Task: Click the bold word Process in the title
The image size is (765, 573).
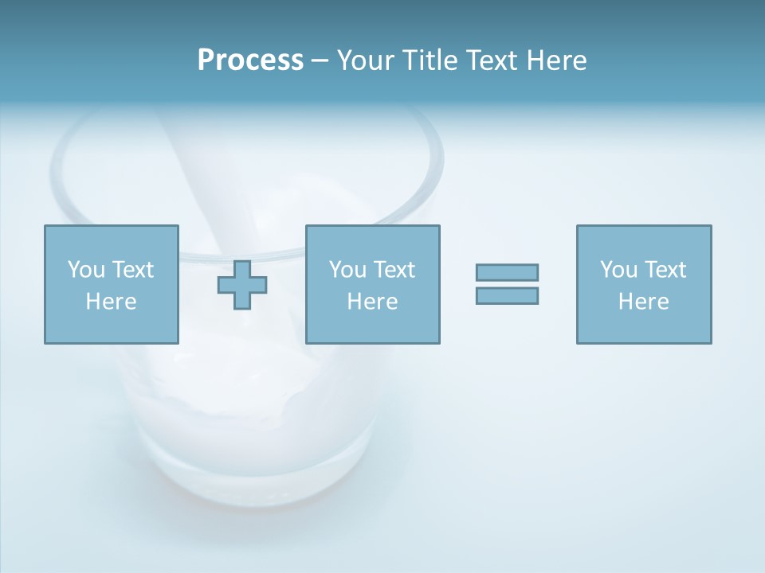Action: (x=250, y=60)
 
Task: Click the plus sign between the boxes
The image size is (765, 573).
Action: (x=242, y=285)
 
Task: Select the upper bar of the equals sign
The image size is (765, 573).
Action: (x=507, y=273)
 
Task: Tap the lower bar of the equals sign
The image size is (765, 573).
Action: (x=507, y=295)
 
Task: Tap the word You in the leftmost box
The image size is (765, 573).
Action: (x=85, y=270)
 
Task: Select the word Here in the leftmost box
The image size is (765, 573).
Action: (x=111, y=302)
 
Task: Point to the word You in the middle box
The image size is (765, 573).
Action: (x=347, y=270)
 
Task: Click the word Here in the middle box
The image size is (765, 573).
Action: (x=372, y=302)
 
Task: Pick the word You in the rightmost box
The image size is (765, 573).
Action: (x=618, y=270)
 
